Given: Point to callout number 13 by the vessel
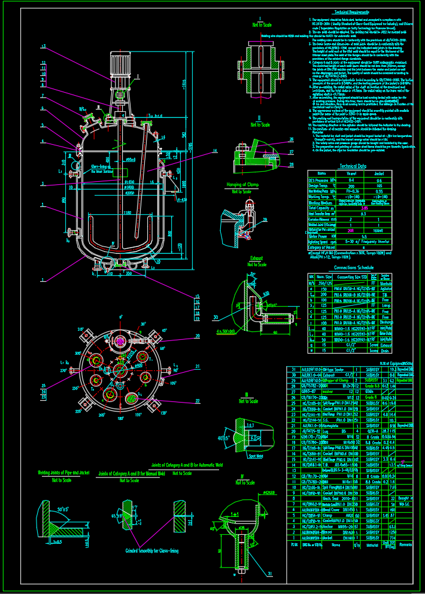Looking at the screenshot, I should pos(44,46).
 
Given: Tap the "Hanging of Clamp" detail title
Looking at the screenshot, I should pos(243,185).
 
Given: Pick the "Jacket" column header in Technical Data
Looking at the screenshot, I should pos(378,173).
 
